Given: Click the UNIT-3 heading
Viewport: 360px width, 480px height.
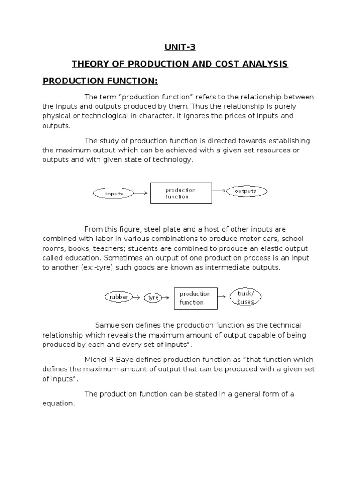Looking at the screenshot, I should pyautogui.click(x=180, y=47).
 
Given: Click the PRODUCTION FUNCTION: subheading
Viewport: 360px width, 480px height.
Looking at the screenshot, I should pyautogui.click(x=100, y=81).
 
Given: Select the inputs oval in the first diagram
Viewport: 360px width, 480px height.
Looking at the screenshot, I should pyautogui.click(x=114, y=193).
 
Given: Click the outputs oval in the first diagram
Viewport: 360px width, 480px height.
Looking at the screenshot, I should pyautogui.click(x=246, y=191).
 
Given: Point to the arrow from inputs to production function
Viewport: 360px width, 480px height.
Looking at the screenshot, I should pyautogui.click(x=142, y=193).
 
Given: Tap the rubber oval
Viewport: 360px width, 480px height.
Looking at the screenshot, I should pyautogui.click(x=118, y=297).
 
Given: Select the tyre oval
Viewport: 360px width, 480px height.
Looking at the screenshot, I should pyautogui.click(x=153, y=298).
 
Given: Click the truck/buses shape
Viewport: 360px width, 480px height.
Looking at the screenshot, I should pyautogui.click(x=245, y=298).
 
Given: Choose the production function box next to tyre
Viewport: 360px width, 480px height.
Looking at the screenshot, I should pyautogui.click(x=195, y=298).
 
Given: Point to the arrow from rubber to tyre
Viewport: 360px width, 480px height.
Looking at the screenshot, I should pyautogui.click(x=137, y=297).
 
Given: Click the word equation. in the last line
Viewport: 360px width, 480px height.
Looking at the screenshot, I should pyautogui.click(x=59, y=404).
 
